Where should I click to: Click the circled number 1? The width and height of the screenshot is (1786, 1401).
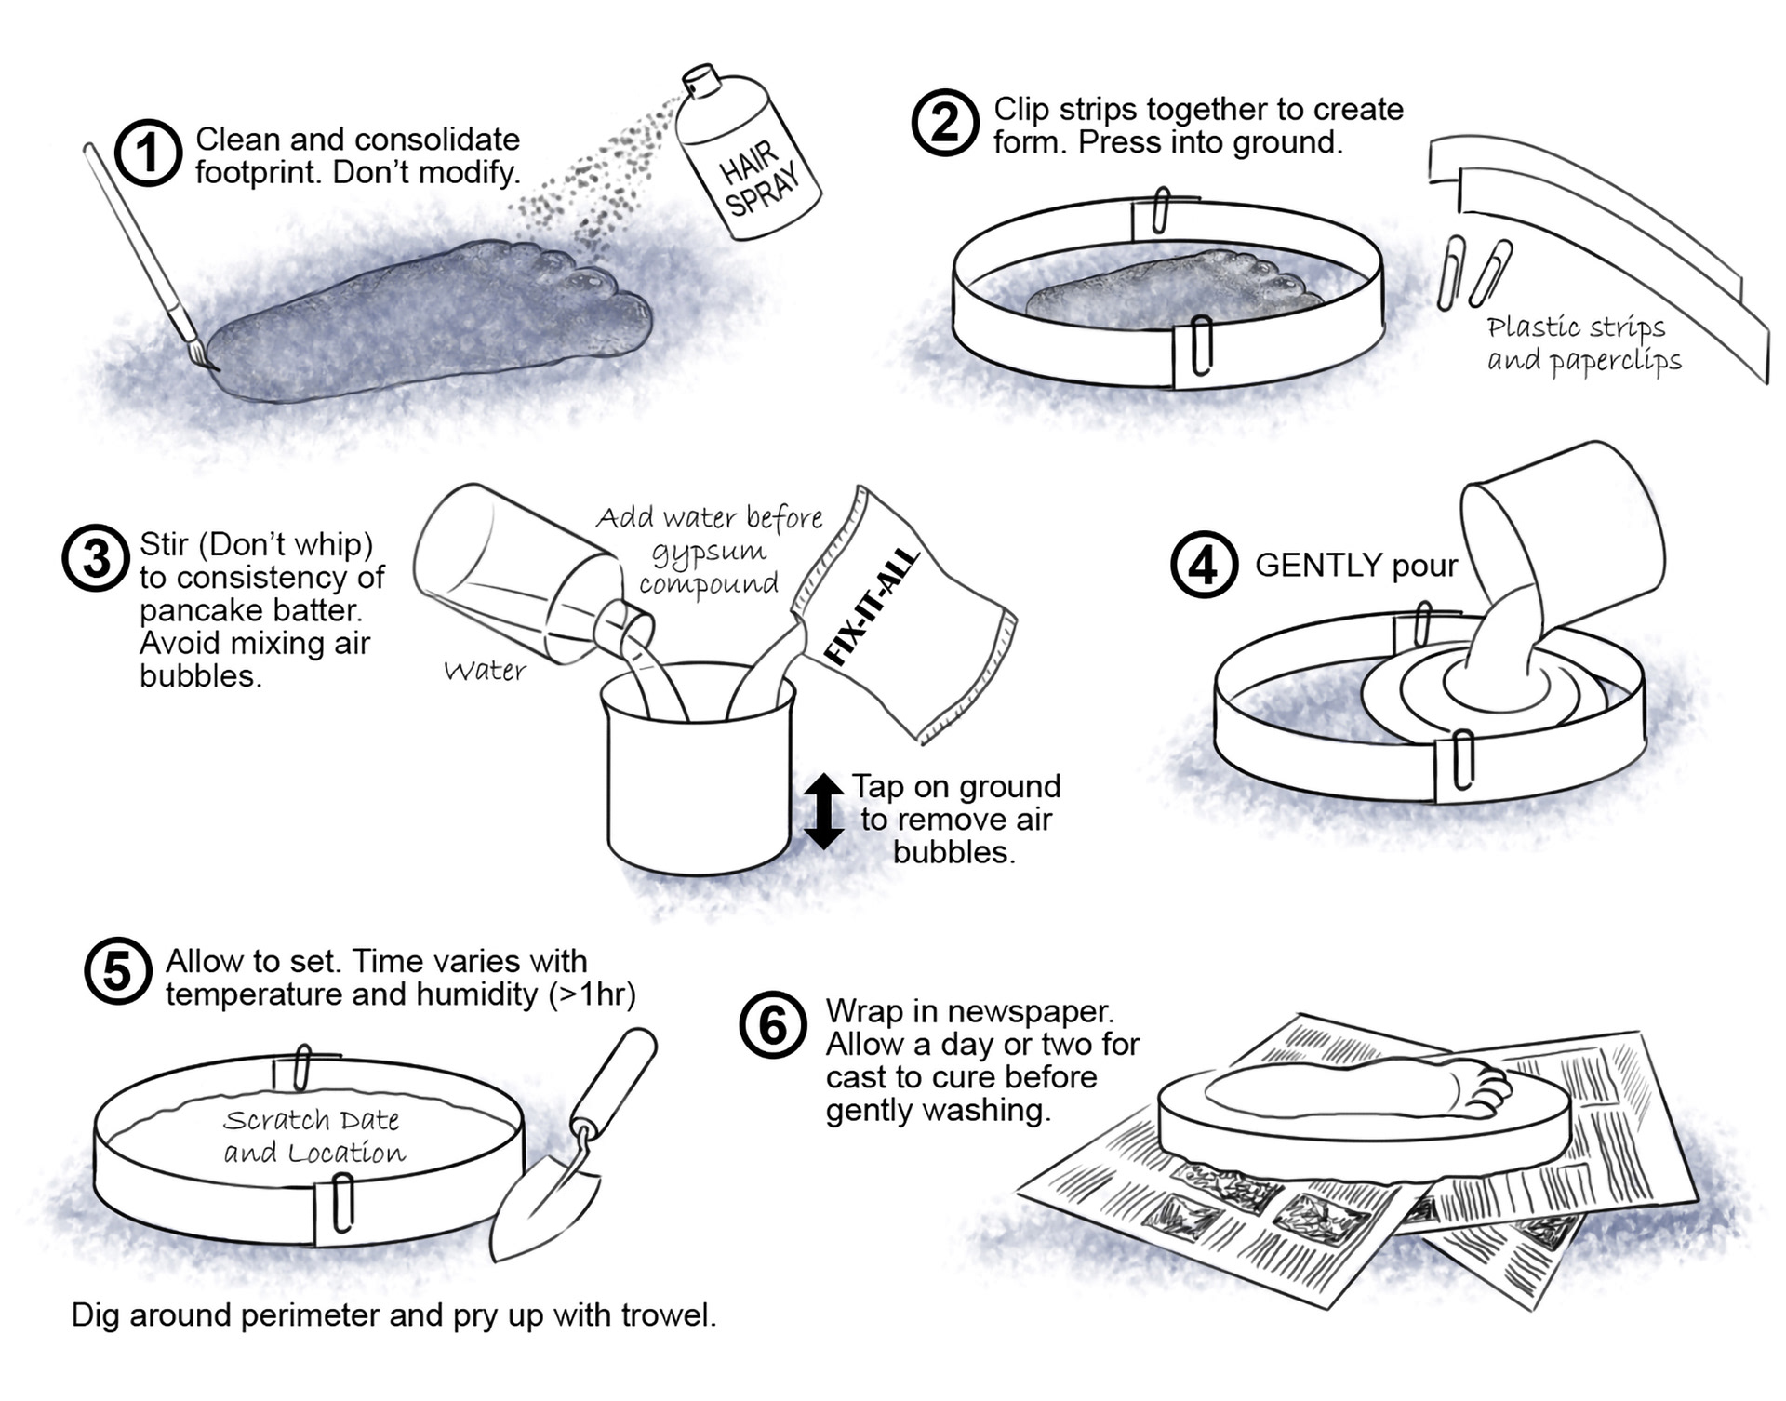(148, 153)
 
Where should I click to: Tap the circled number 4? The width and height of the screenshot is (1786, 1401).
(1204, 565)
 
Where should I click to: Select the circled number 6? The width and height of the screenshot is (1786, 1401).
(772, 1026)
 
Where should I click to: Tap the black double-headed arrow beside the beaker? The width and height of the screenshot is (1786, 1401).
(823, 810)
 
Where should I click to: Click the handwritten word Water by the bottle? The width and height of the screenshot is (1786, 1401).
(485, 671)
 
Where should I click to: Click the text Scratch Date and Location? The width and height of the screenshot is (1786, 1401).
(313, 1136)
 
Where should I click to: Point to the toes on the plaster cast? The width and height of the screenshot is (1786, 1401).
(1485, 1088)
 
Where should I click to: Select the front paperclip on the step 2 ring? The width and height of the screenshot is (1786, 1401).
(1200, 345)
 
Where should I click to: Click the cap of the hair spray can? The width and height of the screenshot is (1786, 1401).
(702, 78)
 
